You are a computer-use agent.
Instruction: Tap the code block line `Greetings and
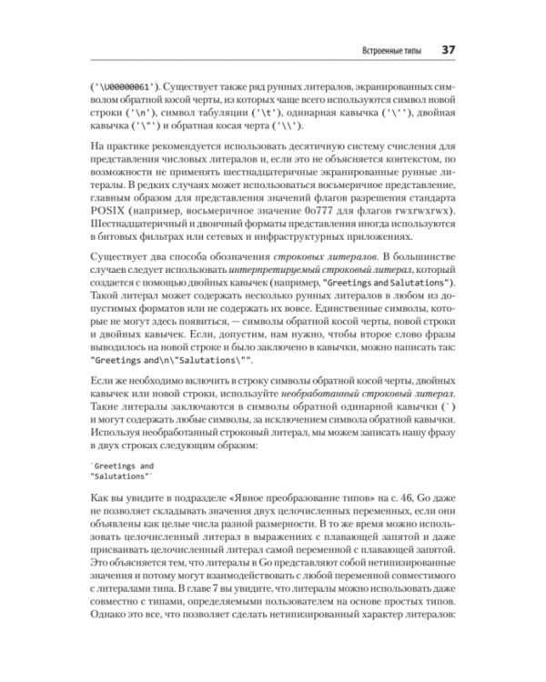click(124, 465)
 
